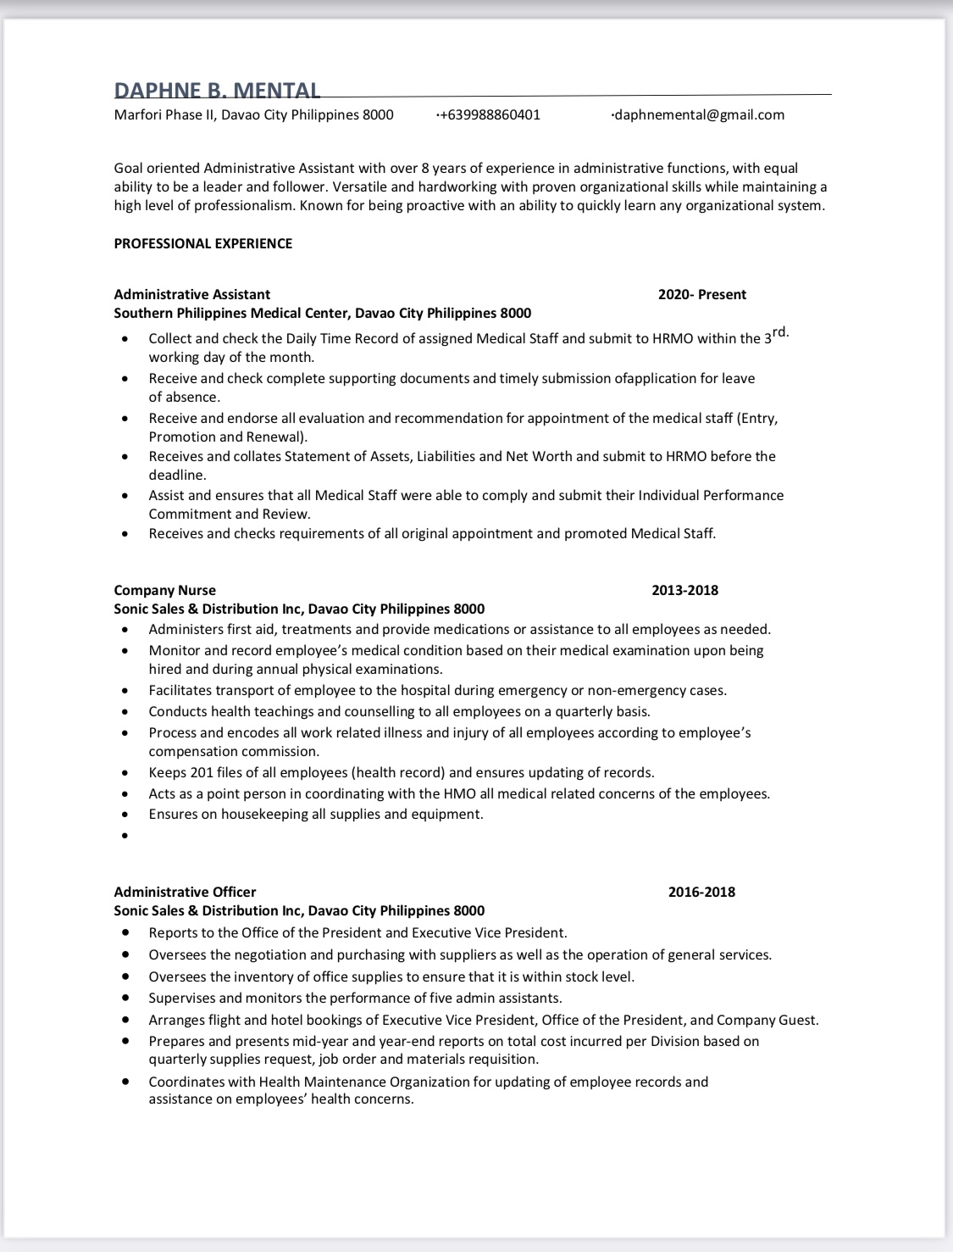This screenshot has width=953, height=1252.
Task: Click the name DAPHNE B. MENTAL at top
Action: click(x=217, y=91)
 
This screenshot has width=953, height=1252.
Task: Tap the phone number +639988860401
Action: click(x=489, y=114)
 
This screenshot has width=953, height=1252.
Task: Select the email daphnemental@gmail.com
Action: click(x=698, y=114)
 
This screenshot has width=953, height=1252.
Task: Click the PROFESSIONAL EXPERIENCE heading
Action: click(x=203, y=243)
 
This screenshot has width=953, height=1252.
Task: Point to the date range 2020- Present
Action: click(x=701, y=294)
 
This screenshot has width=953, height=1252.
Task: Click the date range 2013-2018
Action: click(x=684, y=590)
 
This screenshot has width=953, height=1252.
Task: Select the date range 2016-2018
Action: click(x=701, y=892)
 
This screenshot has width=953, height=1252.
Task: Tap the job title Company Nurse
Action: click(x=164, y=590)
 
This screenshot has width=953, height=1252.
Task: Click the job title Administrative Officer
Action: click(x=185, y=892)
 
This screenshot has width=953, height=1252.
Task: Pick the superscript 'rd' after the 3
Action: click(x=780, y=332)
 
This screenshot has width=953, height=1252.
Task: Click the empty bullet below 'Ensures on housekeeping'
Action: click(x=125, y=836)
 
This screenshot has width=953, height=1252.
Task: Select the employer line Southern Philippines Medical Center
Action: click(x=322, y=313)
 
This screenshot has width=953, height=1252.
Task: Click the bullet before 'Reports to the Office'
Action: click(x=125, y=932)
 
